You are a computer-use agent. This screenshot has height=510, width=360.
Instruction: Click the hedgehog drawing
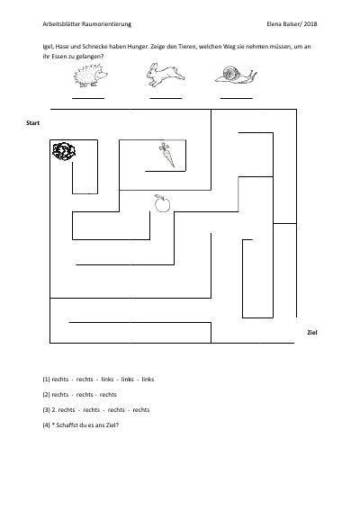pos(91,76)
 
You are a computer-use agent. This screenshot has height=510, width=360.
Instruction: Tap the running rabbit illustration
pos(165,76)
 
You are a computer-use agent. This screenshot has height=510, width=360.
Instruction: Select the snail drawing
pos(236,75)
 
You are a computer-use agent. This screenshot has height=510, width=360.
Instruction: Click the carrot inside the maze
pos(167,155)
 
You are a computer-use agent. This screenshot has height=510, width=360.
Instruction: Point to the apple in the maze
pos(162,203)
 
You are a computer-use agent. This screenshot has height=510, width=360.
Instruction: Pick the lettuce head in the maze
pos(64,151)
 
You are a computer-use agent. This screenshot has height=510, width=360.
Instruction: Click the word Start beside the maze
pos(33,123)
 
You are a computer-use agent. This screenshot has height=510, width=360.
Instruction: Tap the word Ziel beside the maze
pos(311,333)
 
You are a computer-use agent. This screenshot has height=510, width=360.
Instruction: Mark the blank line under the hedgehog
pos(88,98)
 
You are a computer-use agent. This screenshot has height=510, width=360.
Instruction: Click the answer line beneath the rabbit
pos(166,98)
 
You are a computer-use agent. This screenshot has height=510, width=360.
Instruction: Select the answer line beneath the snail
pos(237,98)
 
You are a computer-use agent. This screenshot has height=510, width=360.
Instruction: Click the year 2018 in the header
pos(310,24)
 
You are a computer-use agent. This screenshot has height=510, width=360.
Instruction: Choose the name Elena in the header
pos(274,24)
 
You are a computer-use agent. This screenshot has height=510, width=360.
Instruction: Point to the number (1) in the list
pos(46,380)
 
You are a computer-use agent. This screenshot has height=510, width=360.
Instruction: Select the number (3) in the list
pos(46,410)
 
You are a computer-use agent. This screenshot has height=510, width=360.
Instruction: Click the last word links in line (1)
pos(148,380)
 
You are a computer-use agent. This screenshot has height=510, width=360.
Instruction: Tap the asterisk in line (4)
pos(53,425)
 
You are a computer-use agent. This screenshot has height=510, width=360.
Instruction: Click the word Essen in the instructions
pos(59,57)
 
